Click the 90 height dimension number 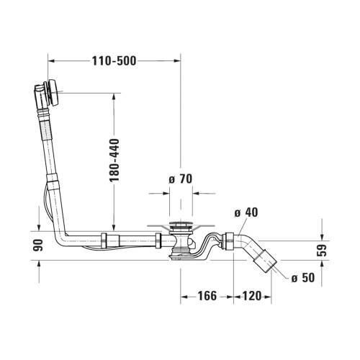[x=38, y=246]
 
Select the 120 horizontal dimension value [x=251, y=295]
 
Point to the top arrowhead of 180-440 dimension [x=113, y=96]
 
